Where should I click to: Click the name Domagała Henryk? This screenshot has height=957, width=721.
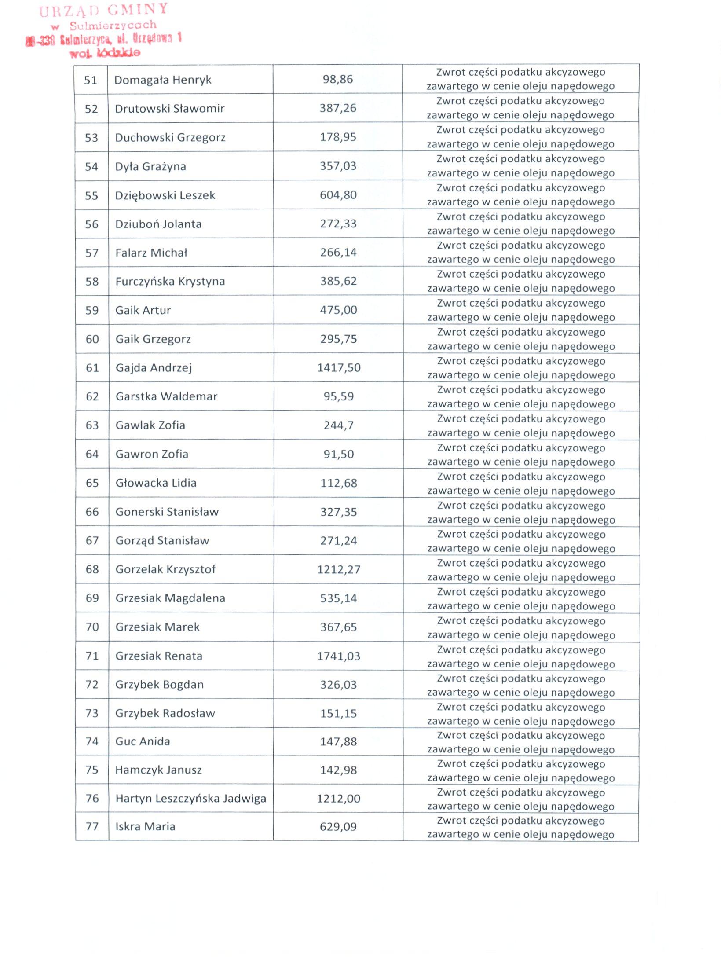pos(163,80)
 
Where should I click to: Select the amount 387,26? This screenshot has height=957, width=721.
pos(338,108)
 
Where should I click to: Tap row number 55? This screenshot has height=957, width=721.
pos(91,195)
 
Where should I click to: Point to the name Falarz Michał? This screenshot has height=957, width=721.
pos(151,253)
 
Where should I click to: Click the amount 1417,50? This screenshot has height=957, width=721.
pos(339,367)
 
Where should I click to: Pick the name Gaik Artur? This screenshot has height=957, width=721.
pos(143,310)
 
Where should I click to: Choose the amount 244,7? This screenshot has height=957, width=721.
pos(338,425)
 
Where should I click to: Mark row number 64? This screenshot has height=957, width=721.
pos(92,454)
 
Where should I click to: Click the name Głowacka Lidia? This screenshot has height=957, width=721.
pos(156,483)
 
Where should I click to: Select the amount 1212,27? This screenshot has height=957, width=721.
pos(339,569)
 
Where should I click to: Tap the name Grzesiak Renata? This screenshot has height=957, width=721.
pos(159,656)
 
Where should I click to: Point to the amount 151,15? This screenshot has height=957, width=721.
pos(338,713)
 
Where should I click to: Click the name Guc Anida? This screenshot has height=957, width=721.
pos(143,741)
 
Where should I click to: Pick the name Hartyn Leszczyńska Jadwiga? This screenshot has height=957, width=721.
pos(190,798)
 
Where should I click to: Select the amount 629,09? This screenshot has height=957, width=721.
pos(338,826)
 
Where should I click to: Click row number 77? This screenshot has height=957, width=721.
pos(92,826)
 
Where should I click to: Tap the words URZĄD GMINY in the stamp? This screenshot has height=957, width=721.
pos(104,10)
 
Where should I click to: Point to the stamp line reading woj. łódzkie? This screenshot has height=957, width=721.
pos(105,53)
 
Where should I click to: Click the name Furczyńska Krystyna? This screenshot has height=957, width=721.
pos(170,281)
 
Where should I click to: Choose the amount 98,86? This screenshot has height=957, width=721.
pos(338,79)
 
